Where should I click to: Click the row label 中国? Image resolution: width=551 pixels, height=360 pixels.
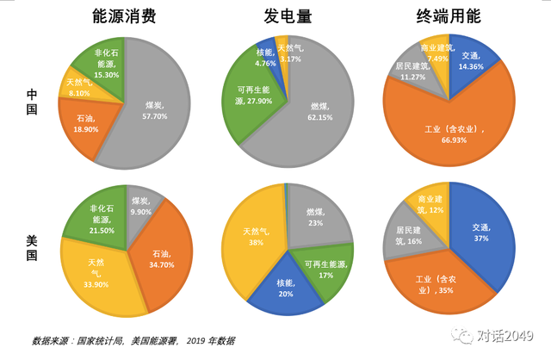(32, 102)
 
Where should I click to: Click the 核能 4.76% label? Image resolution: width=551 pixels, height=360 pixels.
(265, 58)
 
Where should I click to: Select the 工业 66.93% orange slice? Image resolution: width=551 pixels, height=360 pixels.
(448, 129)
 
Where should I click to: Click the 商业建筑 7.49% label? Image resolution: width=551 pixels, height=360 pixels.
(436, 53)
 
